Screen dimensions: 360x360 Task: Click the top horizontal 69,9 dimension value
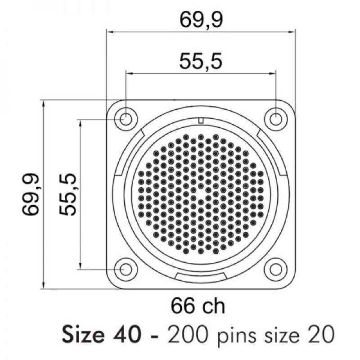[x=201, y=20]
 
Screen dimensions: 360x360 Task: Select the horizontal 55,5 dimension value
[x=201, y=62]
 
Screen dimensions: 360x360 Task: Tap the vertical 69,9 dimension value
[x=31, y=195]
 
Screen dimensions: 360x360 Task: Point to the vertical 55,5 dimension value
[x=67, y=194]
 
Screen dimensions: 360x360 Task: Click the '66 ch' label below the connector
[x=198, y=306]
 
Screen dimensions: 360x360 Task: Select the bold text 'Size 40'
[x=101, y=335]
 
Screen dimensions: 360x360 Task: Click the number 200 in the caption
[x=188, y=335]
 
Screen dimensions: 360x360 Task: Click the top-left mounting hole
[x=126, y=119]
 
